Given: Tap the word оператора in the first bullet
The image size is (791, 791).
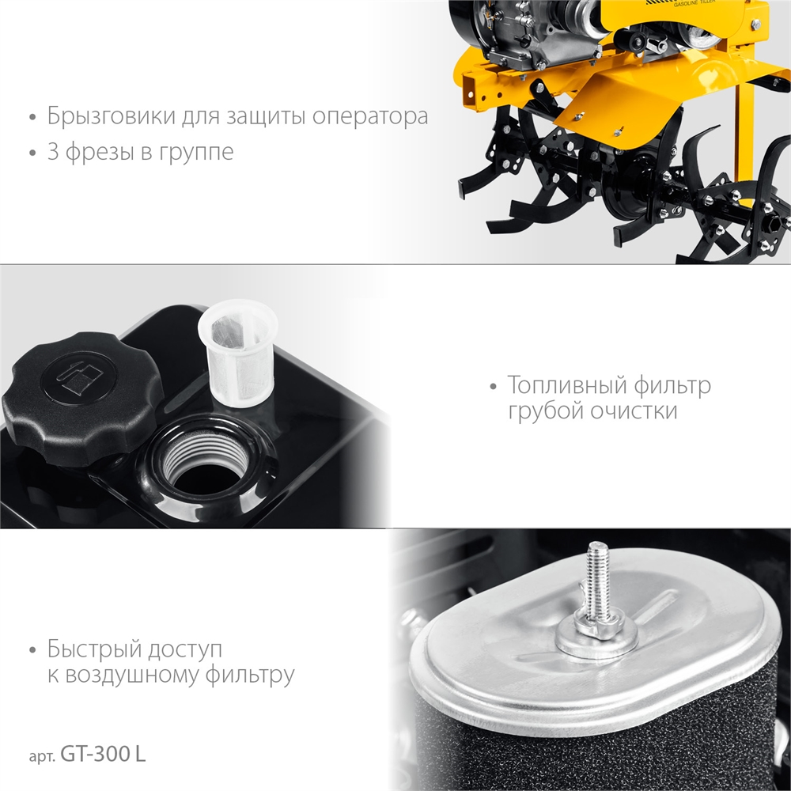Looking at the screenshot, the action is (x=370, y=117).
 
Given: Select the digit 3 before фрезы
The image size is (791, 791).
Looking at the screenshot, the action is (x=53, y=151).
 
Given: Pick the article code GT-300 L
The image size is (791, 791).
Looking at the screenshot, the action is (x=103, y=754).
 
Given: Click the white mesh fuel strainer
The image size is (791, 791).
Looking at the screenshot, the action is (x=239, y=353).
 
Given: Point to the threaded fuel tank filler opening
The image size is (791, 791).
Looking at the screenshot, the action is (x=206, y=457).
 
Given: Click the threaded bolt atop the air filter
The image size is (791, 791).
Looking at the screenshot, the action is (x=599, y=580).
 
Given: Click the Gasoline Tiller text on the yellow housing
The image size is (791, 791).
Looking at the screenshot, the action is (x=694, y=3).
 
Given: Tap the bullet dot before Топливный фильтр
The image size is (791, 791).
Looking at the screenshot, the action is (x=494, y=387).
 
